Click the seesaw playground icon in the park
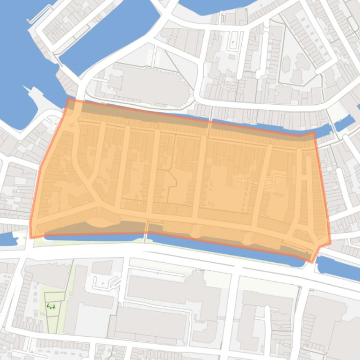click(51, 307)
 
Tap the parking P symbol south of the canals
click(103, 283)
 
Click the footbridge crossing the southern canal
click(146, 234)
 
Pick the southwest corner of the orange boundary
click(31, 238)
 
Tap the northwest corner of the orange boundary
click(69, 99)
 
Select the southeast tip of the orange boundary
click(312, 262)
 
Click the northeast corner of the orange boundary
click(314, 132)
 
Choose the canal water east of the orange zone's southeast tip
click(337, 266)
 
